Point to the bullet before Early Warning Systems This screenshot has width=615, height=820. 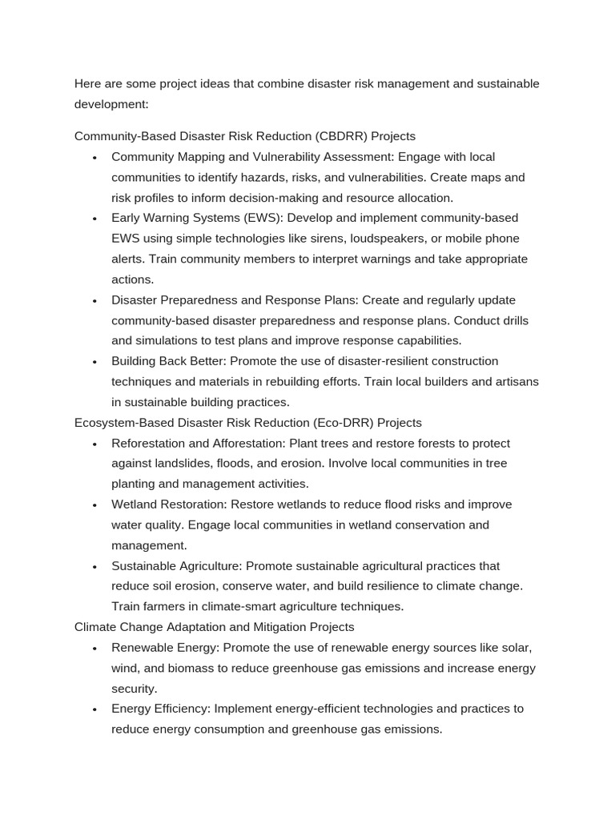[x=94, y=219]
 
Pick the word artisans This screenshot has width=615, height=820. [x=514, y=382]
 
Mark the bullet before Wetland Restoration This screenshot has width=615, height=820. [x=94, y=505]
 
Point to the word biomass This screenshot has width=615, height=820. [x=191, y=668]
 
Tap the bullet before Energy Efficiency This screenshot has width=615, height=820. [x=94, y=709]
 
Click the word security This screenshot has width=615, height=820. [x=134, y=689]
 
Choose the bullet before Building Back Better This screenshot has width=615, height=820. [x=94, y=362]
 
